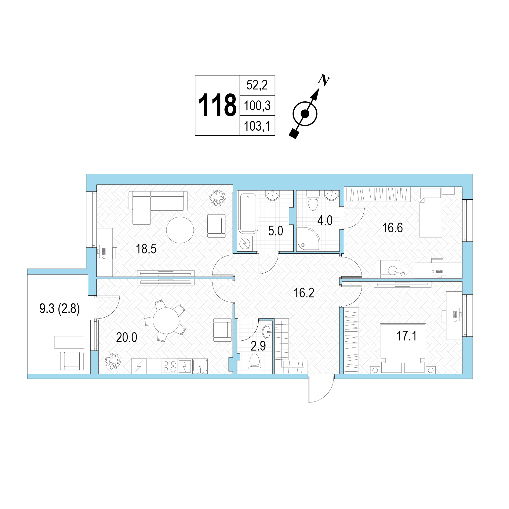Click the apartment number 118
pos(217,105)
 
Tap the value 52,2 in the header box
pos(257,85)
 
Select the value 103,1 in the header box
pos(257,126)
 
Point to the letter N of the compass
pos(324,80)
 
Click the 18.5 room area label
pos(146,249)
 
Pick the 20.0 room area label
pos(127,337)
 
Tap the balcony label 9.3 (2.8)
pos(60,309)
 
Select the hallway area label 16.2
pos(304,293)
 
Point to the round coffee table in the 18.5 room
pos(180,230)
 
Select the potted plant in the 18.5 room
pos(217,198)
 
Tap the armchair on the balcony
pos(72,361)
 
